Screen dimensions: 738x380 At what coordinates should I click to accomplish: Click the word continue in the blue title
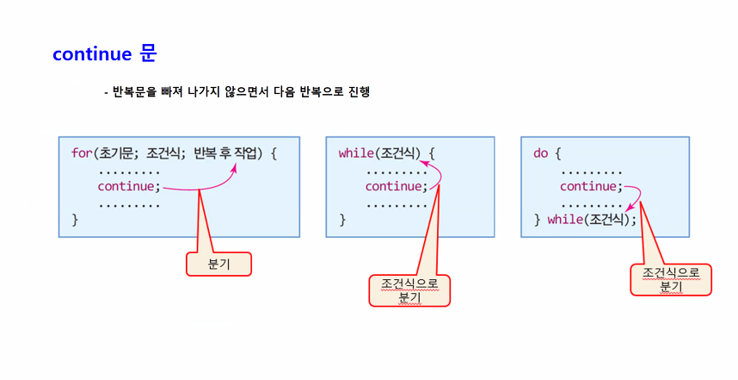click(x=91, y=53)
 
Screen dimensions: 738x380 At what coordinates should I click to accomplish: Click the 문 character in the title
click(x=147, y=53)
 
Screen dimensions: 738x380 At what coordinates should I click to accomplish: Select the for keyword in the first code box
click(x=81, y=153)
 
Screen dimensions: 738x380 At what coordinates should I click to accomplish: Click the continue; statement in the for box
click(x=129, y=186)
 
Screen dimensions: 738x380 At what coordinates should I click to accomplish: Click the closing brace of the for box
click(x=75, y=220)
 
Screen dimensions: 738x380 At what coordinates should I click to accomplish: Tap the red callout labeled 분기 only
click(x=218, y=264)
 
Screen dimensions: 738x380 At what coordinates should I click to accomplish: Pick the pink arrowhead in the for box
click(x=234, y=171)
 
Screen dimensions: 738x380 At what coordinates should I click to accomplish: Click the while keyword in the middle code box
click(x=355, y=153)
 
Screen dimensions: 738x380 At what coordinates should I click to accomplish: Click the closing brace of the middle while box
click(x=342, y=220)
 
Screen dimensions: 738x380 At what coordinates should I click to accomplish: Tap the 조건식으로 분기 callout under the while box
click(x=409, y=290)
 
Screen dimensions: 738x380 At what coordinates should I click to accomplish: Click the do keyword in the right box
click(x=541, y=153)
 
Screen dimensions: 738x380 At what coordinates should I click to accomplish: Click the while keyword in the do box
click(x=565, y=220)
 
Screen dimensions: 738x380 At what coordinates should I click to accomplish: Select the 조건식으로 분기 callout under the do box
click(x=671, y=280)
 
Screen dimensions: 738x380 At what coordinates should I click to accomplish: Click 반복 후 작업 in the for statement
click(x=229, y=153)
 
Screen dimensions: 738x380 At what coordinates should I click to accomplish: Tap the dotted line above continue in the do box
click(x=591, y=171)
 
